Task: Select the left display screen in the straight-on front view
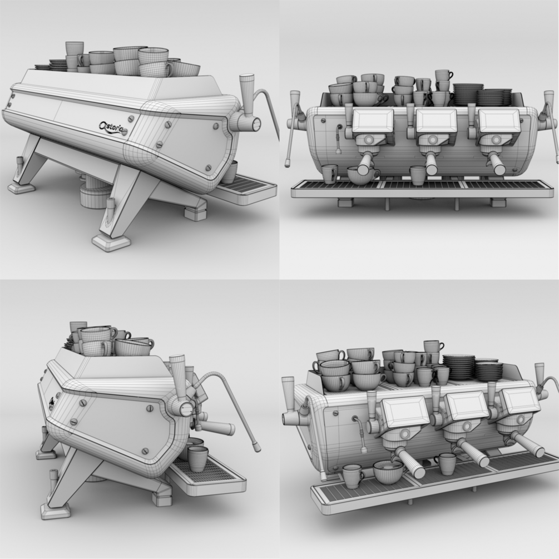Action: [x=373, y=121]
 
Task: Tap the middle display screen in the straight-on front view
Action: [x=436, y=121]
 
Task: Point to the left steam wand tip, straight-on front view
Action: [x=286, y=164]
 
